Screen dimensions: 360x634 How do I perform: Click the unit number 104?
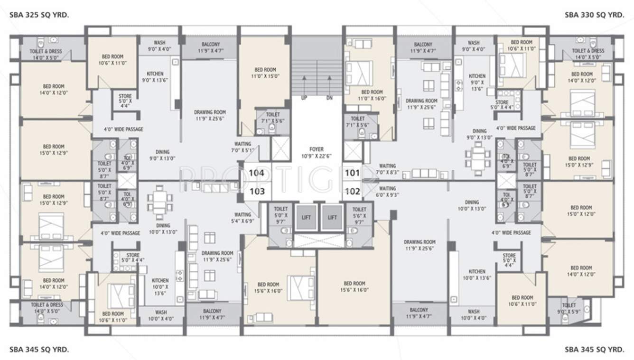256,173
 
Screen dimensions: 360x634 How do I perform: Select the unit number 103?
256,192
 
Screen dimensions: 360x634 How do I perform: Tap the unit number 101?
353,173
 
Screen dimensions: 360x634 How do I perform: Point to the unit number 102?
353,192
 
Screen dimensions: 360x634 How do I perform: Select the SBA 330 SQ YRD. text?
594,15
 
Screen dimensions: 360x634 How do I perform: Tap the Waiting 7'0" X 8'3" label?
387,169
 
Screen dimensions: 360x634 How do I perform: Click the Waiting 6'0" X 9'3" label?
387,191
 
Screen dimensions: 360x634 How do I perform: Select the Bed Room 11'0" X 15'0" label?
265,72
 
